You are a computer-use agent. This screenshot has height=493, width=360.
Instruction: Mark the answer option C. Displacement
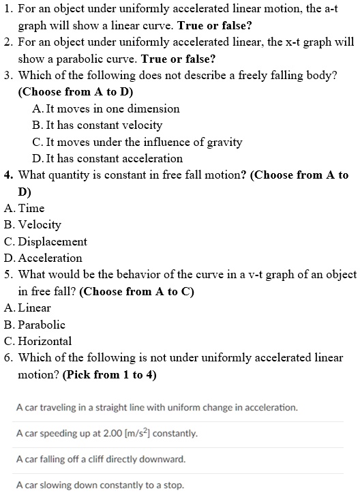pyautogui.click(x=45, y=241)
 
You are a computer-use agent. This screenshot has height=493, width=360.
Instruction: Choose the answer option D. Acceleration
pyautogui.click(x=42, y=258)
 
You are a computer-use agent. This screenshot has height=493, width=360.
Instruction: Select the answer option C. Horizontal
pyautogui.click(x=37, y=341)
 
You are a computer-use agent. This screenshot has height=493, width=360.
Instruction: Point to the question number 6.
pyautogui.click(x=8, y=357)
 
